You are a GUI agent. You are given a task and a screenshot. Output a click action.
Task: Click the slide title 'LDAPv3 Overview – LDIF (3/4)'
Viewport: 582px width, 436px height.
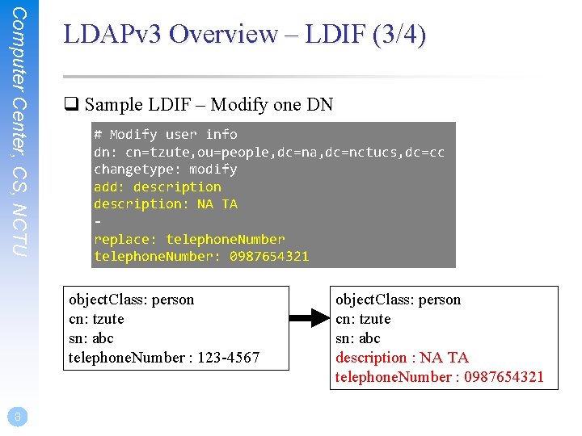244,35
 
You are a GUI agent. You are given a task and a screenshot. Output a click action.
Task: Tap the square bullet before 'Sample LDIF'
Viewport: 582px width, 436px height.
70,105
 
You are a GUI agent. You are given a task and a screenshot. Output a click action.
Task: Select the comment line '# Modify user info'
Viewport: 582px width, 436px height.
165,134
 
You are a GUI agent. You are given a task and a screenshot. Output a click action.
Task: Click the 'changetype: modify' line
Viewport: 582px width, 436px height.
165,170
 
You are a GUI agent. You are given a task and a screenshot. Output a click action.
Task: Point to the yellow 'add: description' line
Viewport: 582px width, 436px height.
157,187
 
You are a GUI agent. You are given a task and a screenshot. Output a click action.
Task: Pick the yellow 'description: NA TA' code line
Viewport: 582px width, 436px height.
165,204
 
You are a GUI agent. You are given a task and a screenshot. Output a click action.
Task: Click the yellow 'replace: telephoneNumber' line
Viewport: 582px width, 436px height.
189,239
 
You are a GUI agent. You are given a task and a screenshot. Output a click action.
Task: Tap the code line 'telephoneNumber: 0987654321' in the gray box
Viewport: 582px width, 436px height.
200,257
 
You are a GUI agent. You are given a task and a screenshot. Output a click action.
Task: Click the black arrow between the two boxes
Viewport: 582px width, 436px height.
306,319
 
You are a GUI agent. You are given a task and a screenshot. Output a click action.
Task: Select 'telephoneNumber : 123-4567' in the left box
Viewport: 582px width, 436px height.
164,358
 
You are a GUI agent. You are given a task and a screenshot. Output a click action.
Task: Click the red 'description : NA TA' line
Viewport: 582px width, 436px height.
402,358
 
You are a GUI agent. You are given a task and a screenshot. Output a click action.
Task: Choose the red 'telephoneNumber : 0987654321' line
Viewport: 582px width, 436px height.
440,377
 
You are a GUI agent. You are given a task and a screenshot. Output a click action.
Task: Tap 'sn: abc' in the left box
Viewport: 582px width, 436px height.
91,338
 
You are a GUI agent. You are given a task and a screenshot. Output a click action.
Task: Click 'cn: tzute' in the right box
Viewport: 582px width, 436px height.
363,319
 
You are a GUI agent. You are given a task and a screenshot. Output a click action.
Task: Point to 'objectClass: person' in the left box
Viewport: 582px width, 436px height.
132,300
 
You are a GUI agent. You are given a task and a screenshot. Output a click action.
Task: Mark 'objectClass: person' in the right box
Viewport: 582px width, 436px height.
399,300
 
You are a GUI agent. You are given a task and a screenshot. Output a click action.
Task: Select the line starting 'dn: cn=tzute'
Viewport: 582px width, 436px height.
268,152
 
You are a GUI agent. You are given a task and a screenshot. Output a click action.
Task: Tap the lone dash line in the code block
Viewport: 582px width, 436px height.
98,221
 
